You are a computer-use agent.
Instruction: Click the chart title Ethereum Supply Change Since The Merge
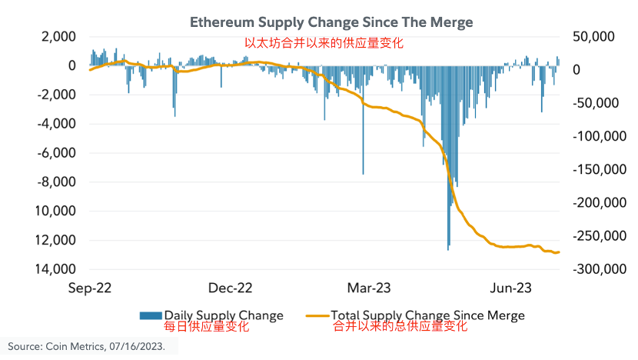click(x=331, y=23)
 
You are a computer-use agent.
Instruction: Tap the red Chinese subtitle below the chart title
click(x=324, y=43)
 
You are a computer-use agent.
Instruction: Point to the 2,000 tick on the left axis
click(x=58, y=37)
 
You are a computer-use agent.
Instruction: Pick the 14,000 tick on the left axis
click(x=58, y=269)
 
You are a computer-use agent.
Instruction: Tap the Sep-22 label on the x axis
click(x=91, y=288)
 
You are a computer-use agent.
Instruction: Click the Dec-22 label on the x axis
click(x=231, y=288)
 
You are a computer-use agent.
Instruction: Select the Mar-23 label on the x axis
click(x=370, y=288)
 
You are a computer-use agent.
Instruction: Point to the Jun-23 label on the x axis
click(x=510, y=288)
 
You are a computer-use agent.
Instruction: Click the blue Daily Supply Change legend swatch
click(x=150, y=315)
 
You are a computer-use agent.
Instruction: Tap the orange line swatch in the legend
click(x=316, y=315)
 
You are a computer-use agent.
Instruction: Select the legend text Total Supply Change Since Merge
click(x=427, y=315)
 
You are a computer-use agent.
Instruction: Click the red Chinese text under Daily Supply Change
click(x=207, y=327)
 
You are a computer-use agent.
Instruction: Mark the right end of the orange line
click(x=559, y=252)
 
